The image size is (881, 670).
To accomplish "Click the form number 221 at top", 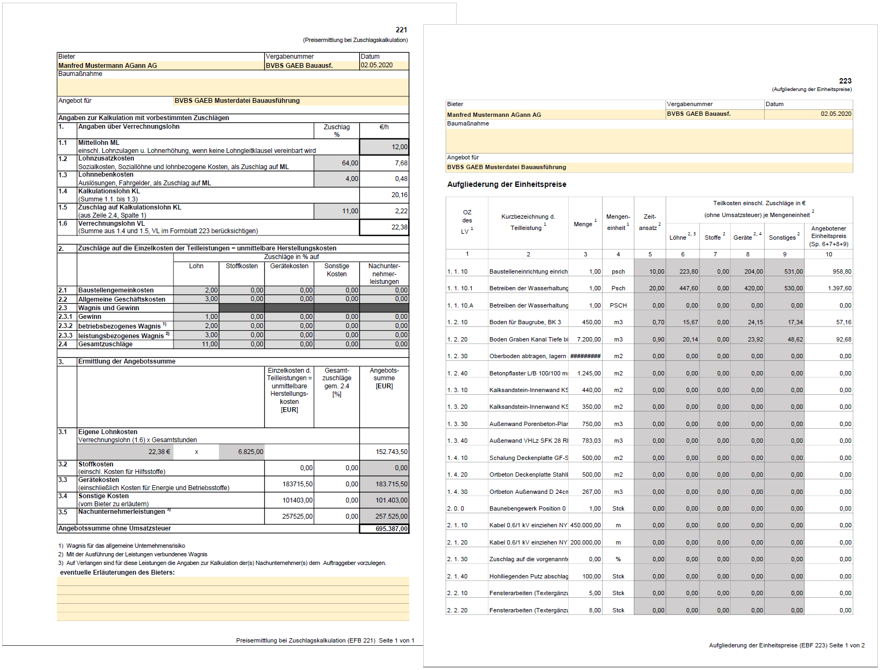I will pos(401,30).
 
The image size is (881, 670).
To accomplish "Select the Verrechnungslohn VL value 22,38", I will pos(399,227).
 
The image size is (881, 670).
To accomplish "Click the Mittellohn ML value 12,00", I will pos(399,147).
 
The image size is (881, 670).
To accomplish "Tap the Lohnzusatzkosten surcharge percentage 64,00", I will pos(349,163).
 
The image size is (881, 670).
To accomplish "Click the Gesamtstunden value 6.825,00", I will pos(250,452).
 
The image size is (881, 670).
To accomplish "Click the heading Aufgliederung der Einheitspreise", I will pos(507,184).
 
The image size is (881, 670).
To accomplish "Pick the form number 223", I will pos(845,81).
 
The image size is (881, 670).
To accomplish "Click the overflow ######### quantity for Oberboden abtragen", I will pos(585,356).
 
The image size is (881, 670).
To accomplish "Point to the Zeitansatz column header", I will pos(649,222).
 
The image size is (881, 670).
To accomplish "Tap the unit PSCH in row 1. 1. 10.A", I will pos(618,305).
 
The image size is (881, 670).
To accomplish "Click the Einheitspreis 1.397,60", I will pos(840,289).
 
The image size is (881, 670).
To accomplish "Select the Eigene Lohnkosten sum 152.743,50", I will pos(391,452).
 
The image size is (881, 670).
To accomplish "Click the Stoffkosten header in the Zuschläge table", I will pos(241,266).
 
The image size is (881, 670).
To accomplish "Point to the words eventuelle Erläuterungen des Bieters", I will pos(117,573).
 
